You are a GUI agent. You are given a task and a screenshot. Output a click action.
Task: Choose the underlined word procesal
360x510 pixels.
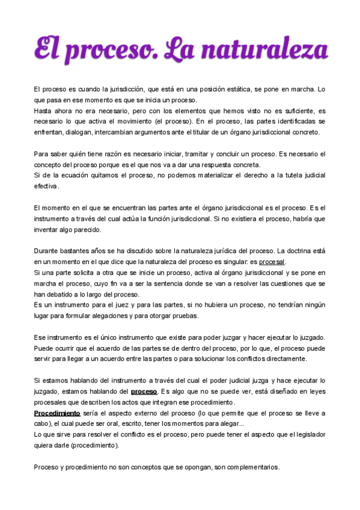pyautogui.click(x=272, y=262)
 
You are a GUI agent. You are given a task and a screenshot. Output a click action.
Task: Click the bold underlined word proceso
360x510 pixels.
pyautogui.click(x=144, y=392)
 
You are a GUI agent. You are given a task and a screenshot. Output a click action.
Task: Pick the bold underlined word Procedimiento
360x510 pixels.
pyautogui.click(x=56, y=413)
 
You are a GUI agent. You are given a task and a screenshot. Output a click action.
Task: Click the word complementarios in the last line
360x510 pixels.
pyautogui.click(x=249, y=467)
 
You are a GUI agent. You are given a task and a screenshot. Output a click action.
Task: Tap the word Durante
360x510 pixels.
pyautogui.click(x=47, y=251)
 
